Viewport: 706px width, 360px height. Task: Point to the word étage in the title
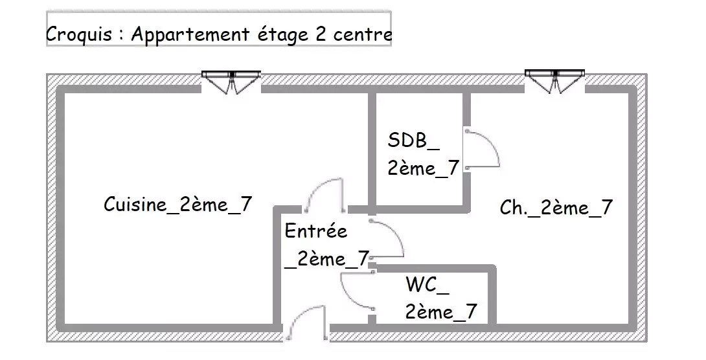275,35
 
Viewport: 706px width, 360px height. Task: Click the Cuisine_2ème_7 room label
177,205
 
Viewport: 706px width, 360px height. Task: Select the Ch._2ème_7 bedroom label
556,208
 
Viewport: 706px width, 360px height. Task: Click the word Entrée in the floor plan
316,231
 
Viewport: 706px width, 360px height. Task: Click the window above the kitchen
231,82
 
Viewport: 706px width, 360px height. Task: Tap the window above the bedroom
554,82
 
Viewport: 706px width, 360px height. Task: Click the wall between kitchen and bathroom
372,149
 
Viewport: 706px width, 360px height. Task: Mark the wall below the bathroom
421,209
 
